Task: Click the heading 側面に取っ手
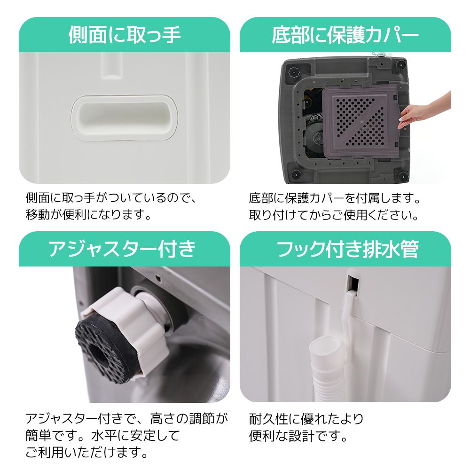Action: click(125, 35)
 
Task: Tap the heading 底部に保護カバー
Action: click(345, 35)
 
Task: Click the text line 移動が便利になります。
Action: click(88, 216)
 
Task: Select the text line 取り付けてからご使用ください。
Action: click(334, 216)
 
